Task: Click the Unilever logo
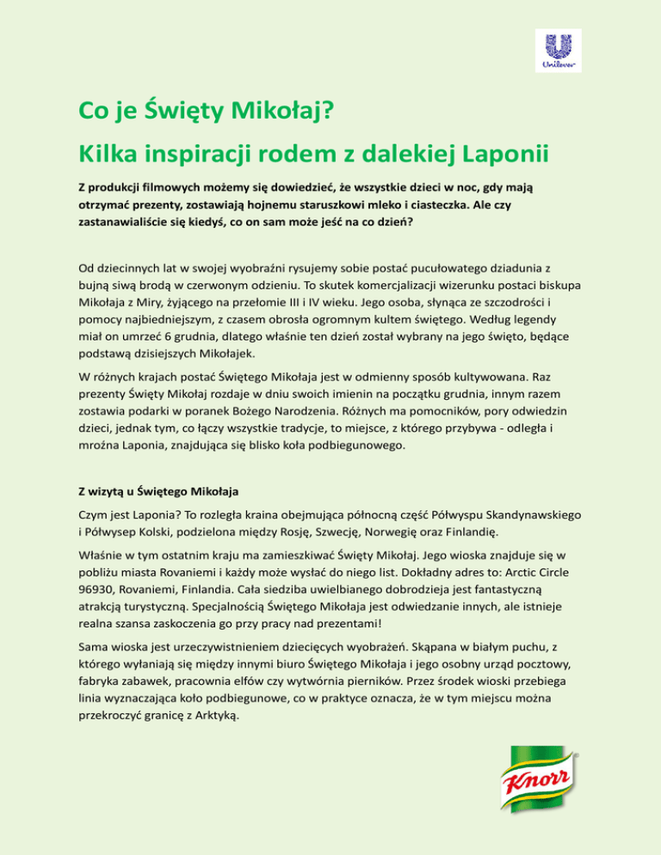[x=556, y=49]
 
